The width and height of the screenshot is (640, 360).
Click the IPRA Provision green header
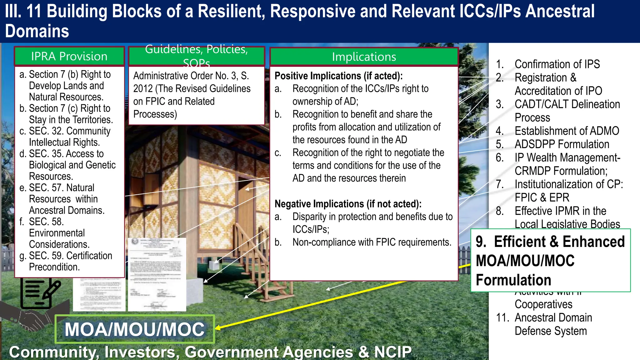pos(69,57)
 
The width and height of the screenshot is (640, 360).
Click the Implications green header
pos(364,57)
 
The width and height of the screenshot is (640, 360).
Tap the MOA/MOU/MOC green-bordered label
pos(135,329)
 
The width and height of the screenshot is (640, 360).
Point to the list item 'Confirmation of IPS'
pos(557,64)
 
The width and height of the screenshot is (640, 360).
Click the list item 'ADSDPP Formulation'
pos(562,144)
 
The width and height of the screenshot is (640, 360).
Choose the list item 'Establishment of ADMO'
pos(567,131)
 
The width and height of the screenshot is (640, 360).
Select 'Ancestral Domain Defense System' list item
pos(553,324)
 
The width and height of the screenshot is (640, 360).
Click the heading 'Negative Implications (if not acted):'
pos(348,204)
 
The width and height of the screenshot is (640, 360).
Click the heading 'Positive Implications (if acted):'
pos(338,76)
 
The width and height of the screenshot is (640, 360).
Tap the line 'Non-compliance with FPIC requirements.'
pos(372,242)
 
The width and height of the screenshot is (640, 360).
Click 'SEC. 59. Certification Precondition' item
pos(70,261)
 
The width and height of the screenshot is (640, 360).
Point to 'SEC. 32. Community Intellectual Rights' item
pos(69,137)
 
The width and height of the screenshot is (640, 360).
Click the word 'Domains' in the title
pos(37,31)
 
